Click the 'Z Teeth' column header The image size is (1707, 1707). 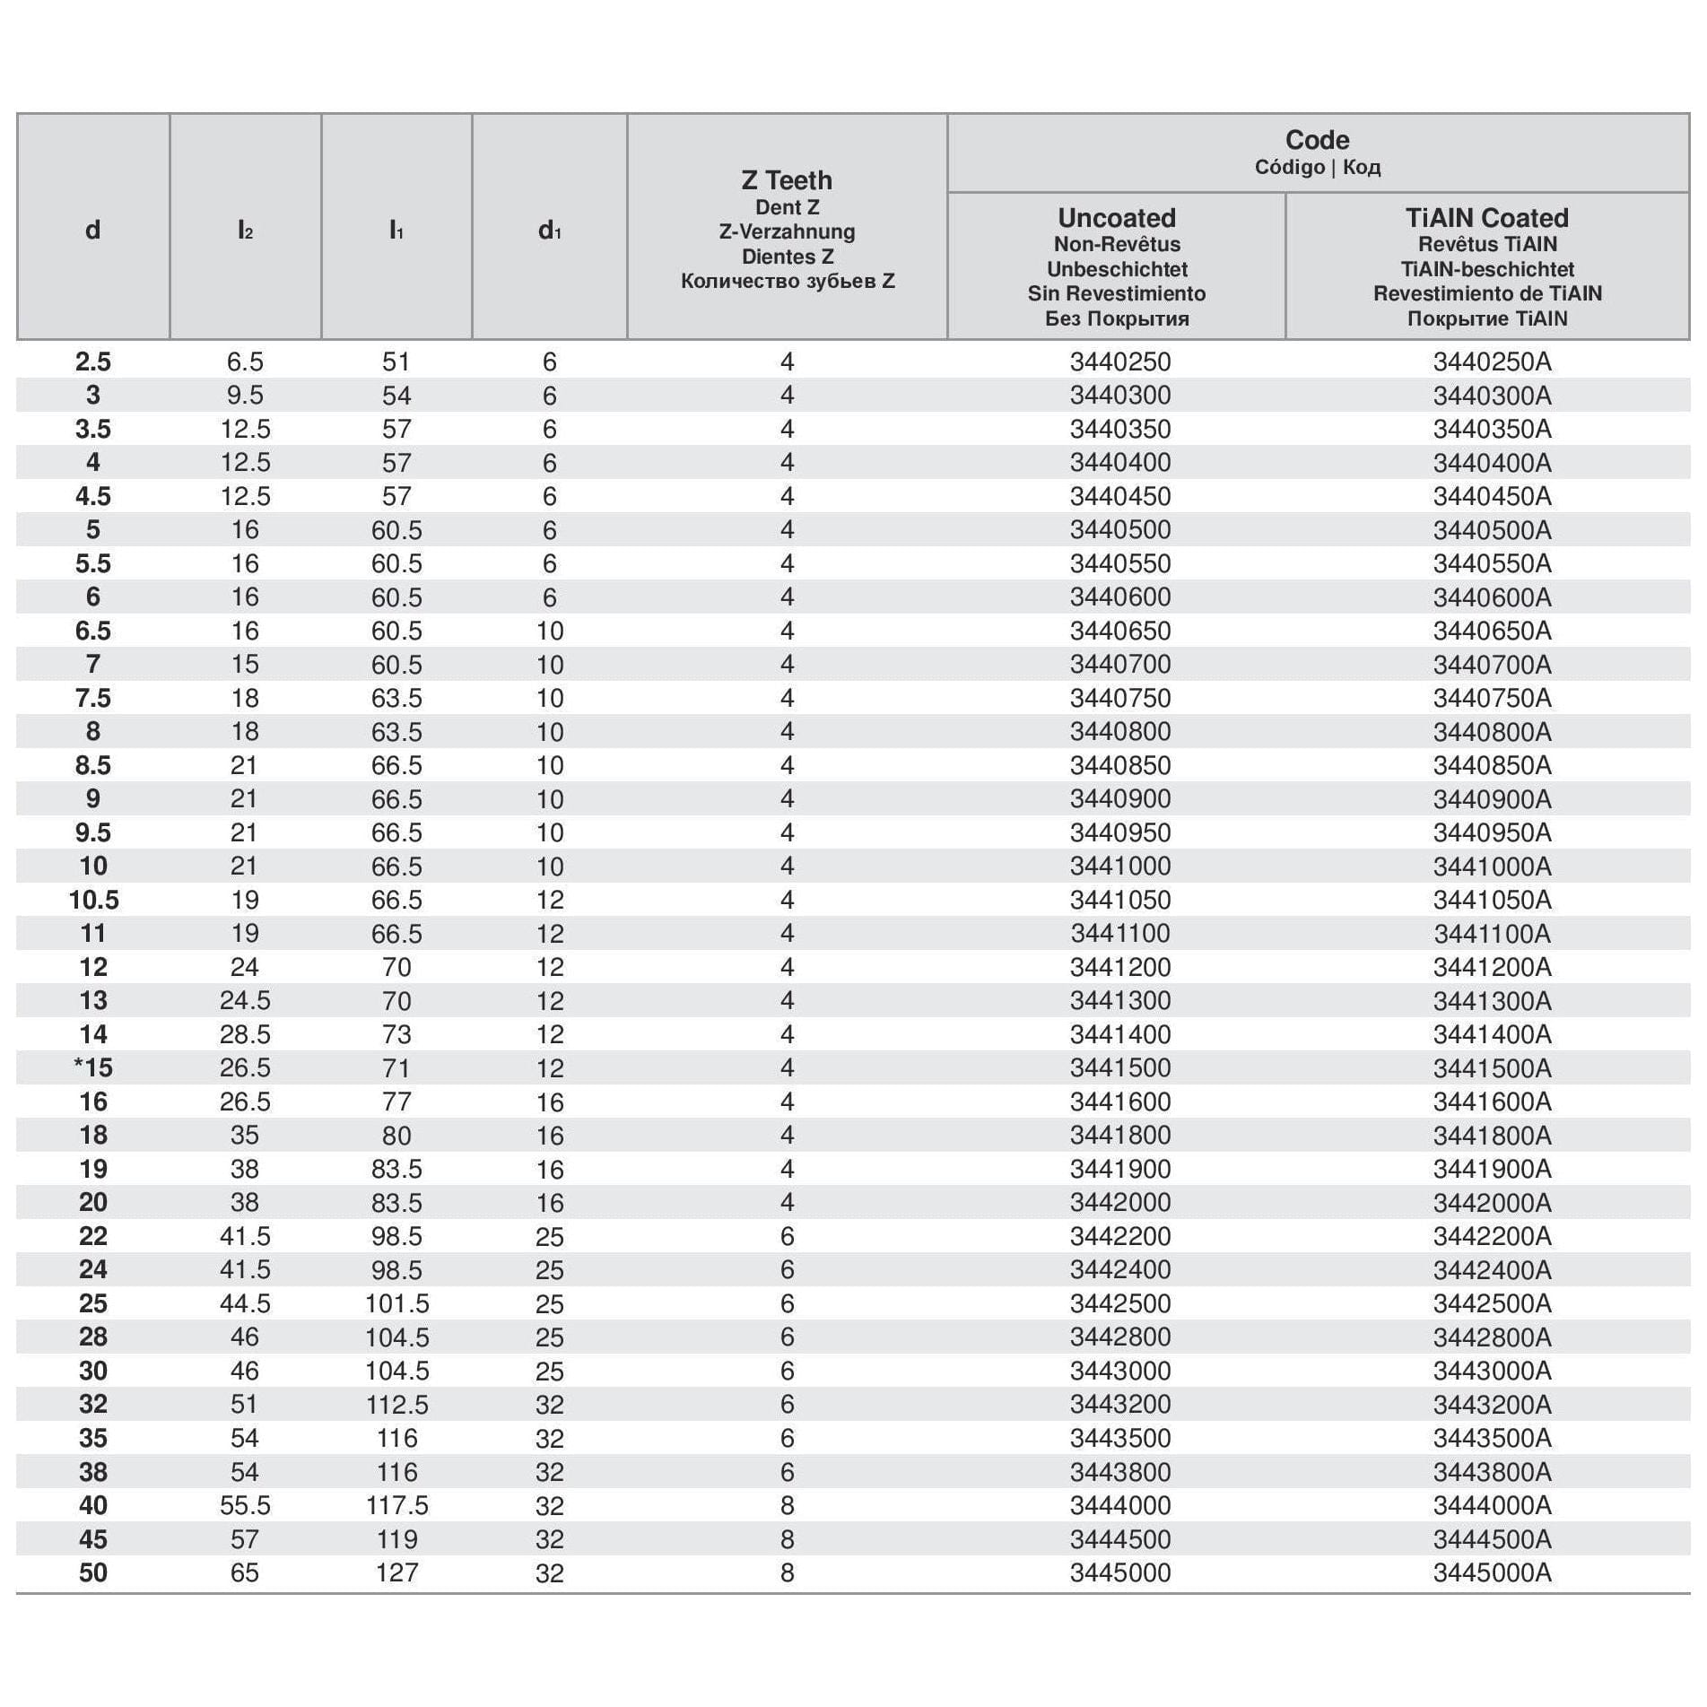pyautogui.click(x=787, y=180)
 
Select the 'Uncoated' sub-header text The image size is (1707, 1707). pyautogui.click(x=1116, y=218)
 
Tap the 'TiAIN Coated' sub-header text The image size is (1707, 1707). pyautogui.click(x=1486, y=218)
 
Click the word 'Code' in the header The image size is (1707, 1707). pyautogui.click(x=1317, y=140)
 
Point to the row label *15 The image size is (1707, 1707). pyautogui.click(x=93, y=1067)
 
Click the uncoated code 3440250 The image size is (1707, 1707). pyautogui.click(x=1119, y=361)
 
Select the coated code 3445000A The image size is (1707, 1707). pyautogui.click(x=1491, y=1572)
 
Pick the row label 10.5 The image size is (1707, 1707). pyautogui.click(x=93, y=900)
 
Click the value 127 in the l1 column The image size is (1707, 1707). pyautogui.click(x=396, y=1572)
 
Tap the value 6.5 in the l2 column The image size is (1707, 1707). pyautogui.click(x=245, y=361)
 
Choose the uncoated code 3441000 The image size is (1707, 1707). pyautogui.click(x=1119, y=866)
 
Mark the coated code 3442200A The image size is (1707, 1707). pyautogui.click(x=1491, y=1236)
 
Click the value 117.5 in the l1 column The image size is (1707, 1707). pyautogui.click(x=396, y=1505)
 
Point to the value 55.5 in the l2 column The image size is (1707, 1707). pyautogui.click(x=245, y=1505)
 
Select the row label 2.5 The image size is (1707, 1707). pyautogui.click(x=93, y=361)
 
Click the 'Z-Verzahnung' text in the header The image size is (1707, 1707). pyautogui.click(x=787, y=231)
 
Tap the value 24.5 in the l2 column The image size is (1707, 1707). pyautogui.click(x=245, y=1000)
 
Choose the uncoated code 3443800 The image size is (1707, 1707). pyautogui.click(x=1119, y=1471)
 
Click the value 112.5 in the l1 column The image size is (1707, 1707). pyautogui.click(x=396, y=1404)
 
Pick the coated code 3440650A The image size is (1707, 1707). pyautogui.click(x=1491, y=631)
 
